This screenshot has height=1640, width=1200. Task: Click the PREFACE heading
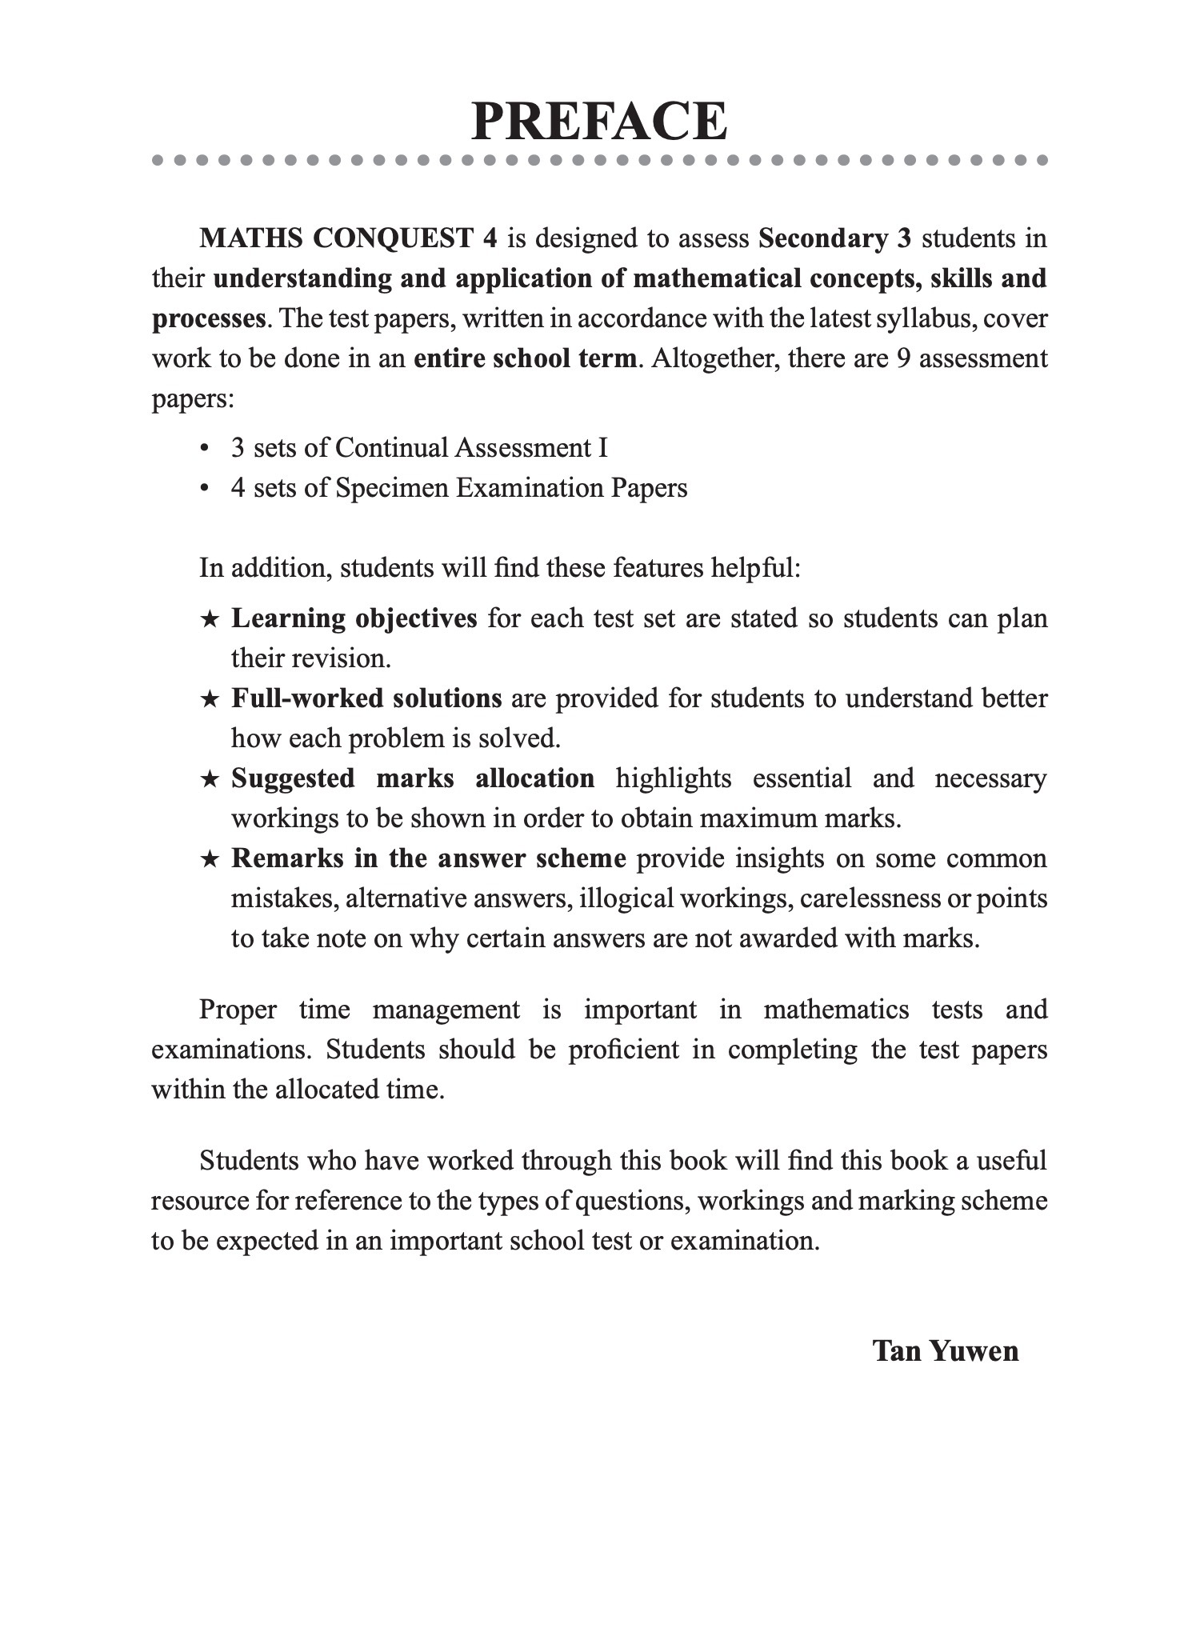click(x=599, y=122)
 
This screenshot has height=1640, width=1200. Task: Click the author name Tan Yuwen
click(x=945, y=1350)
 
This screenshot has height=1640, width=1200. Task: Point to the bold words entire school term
click(x=525, y=358)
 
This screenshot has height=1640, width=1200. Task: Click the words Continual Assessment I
click(x=471, y=447)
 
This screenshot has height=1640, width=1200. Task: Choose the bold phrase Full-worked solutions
click(x=366, y=698)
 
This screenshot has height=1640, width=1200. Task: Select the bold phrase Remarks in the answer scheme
click(x=428, y=858)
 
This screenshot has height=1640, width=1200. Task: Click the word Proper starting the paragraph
click(x=238, y=1010)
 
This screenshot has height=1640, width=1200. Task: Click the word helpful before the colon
click(x=755, y=568)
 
